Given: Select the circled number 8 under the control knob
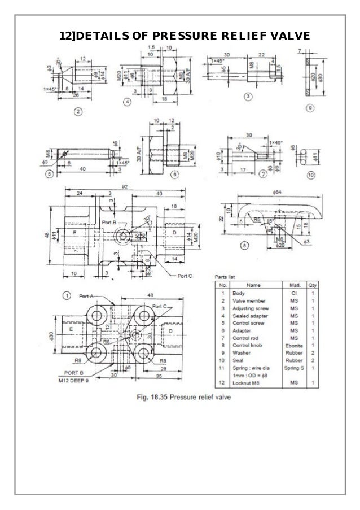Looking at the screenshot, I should point(244,245).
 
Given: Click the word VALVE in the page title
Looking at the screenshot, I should point(290,37).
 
